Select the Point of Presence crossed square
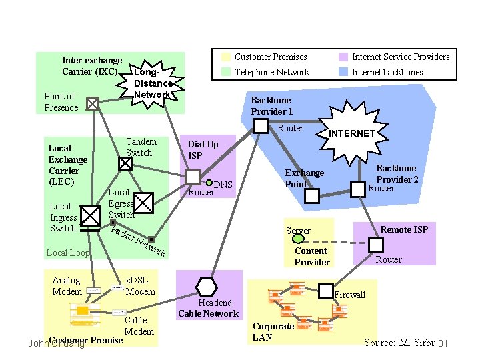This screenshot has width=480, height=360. tap(93, 103)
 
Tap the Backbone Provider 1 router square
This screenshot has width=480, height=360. tap(261, 125)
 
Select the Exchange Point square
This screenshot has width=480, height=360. tap(311, 196)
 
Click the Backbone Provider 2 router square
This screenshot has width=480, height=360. tap(359, 190)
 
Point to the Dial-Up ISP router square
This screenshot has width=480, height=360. tap(193, 177)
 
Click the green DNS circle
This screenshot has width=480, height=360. tap(209, 183)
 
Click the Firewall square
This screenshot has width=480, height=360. tap(325, 291)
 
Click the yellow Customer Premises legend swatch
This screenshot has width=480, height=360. tap(226, 57)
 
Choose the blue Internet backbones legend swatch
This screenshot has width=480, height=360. tap(343, 72)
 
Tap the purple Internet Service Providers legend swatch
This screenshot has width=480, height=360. tap(343, 57)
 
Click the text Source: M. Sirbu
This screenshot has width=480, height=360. tap(399, 343)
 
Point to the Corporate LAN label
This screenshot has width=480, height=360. tap(273, 331)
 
